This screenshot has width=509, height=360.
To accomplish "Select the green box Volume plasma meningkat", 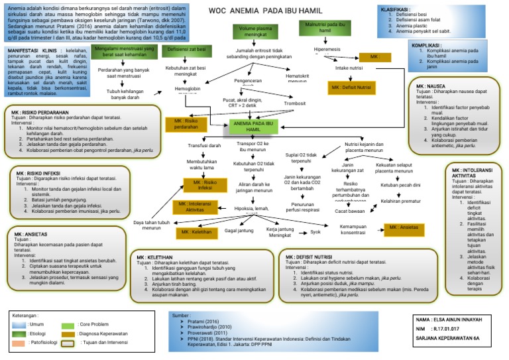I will click(254, 32).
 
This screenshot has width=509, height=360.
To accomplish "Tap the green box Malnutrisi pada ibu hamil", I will click(325, 27).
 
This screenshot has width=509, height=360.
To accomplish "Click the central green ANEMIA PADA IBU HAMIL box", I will click(253, 127).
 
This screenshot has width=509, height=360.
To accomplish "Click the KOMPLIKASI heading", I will click(427, 45).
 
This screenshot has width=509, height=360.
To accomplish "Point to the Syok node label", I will click(316, 233).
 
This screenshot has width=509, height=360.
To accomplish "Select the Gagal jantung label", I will click(241, 231).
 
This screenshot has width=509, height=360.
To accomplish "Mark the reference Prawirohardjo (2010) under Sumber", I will click(211, 326).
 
